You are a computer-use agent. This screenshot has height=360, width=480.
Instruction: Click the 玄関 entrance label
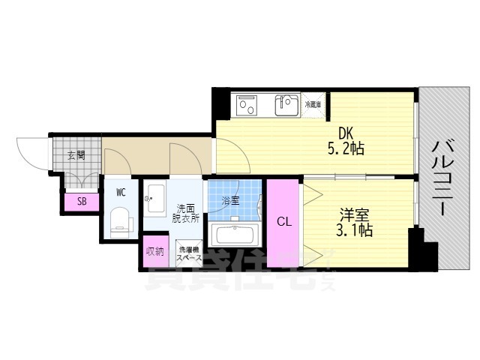click(x=75, y=156)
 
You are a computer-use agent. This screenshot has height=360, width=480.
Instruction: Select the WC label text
click(x=120, y=192)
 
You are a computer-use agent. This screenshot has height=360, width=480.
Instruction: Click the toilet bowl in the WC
click(x=121, y=221)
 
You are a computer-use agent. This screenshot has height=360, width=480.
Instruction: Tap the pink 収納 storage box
click(x=154, y=252)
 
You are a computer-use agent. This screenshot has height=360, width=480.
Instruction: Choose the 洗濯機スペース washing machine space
click(x=189, y=253)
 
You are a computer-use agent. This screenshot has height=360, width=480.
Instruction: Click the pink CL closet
click(x=284, y=222)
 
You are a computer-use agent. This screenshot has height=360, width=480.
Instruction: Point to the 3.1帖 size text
click(x=352, y=230)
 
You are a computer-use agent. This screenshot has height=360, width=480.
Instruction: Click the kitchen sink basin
click(x=286, y=106)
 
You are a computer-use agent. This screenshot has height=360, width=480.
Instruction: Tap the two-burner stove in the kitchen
click(x=247, y=106)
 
